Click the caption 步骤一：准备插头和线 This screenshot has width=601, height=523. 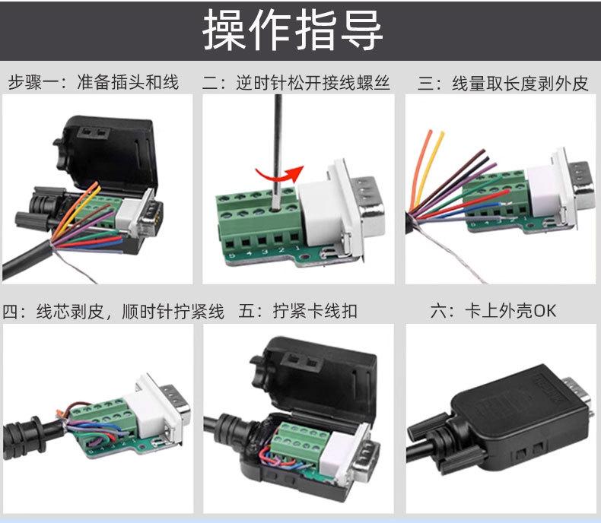click(93, 82)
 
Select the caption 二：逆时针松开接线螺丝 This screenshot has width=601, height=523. click(296, 82)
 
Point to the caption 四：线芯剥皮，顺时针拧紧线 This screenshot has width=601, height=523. click(113, 311)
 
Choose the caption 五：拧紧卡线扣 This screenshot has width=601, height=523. click(297, 311)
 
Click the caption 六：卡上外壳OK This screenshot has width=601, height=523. click(493, 311)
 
